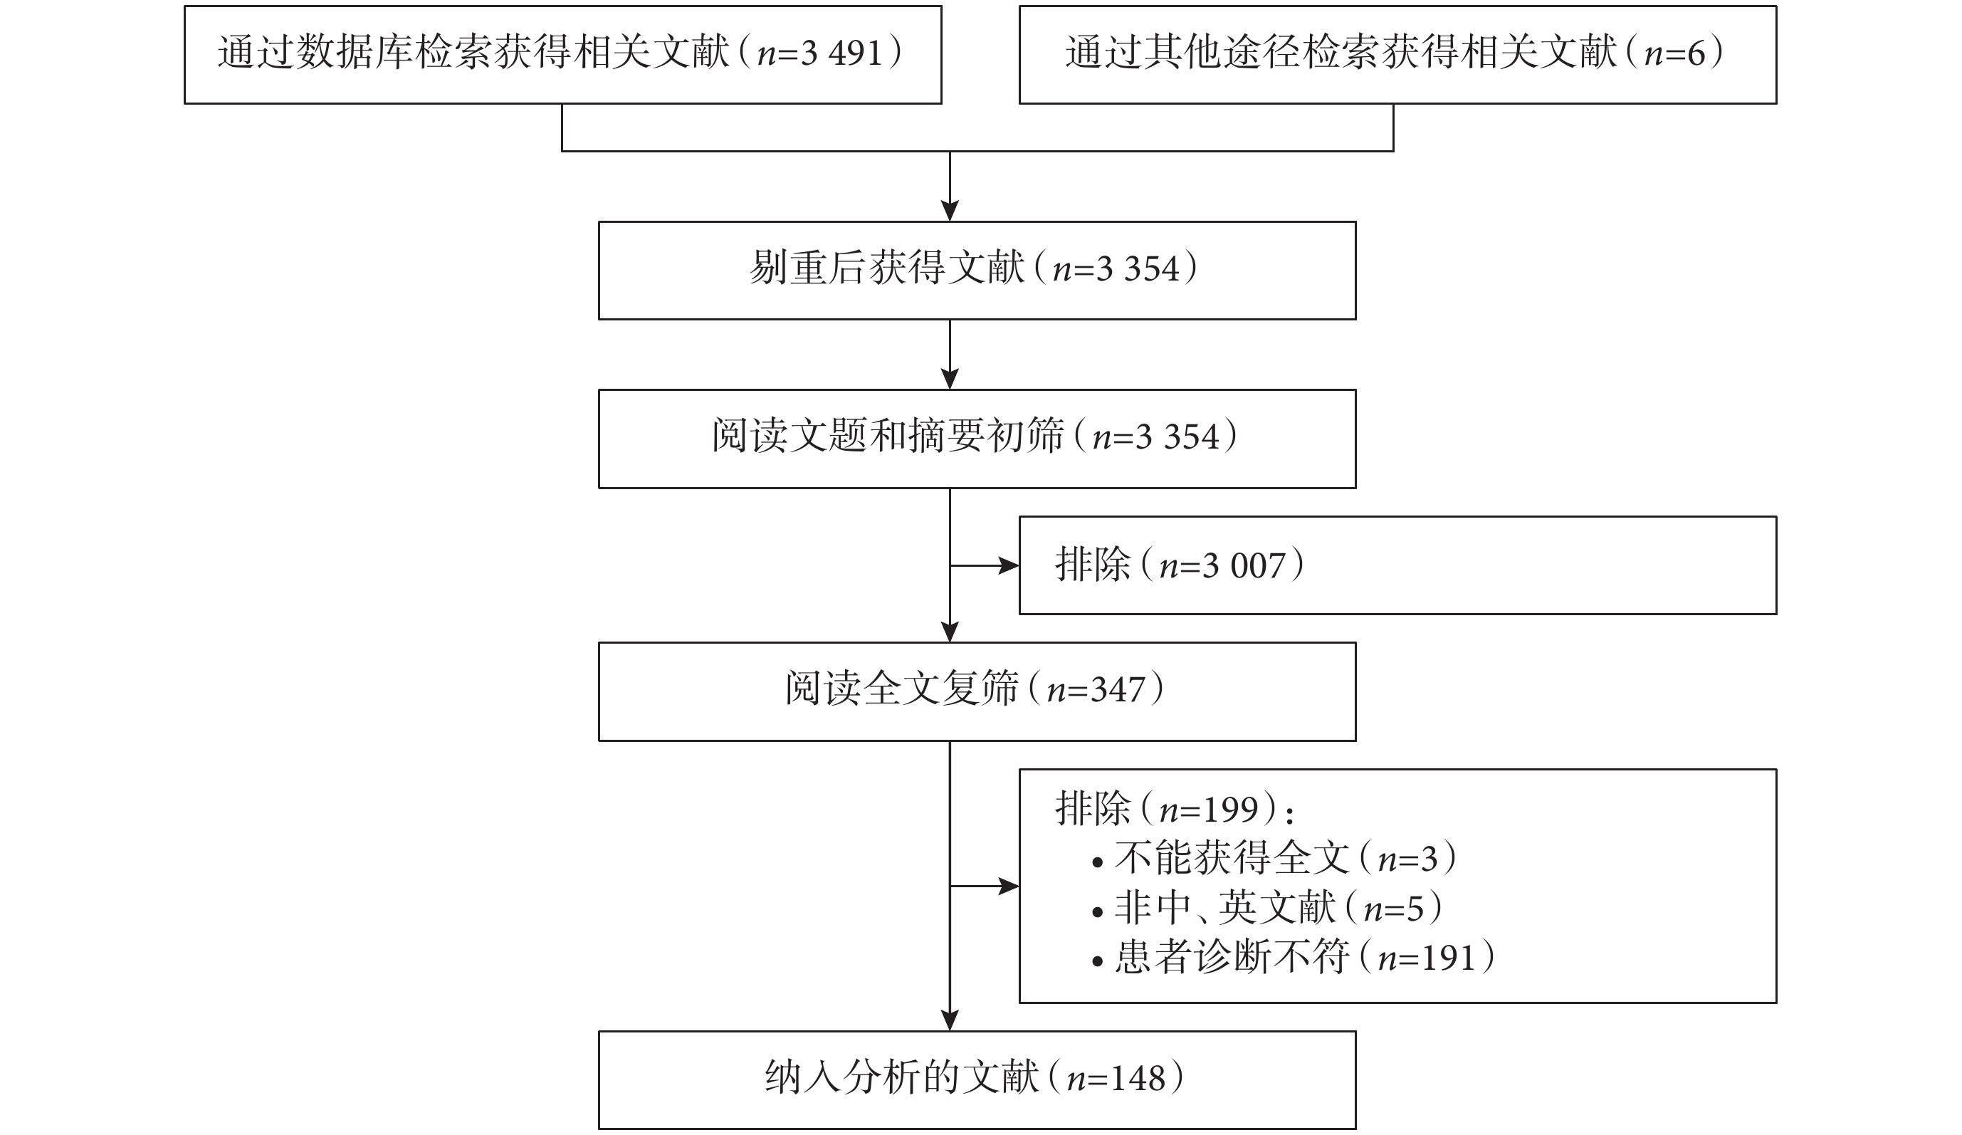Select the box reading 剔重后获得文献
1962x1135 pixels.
pyautogui.click(x=977, y=271)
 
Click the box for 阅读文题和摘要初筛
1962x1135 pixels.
pyautogui.click(x=977, y=439)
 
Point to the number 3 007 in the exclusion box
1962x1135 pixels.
pyautogui.click(x=1244, y=566)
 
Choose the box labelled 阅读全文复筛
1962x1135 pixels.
pyautogui.click(x=977, y=691)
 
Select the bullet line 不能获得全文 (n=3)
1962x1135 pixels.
pyautogui.click(x=1274, y=859)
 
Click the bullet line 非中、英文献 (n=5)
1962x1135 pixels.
pyautogui.click(x=1267, y=909)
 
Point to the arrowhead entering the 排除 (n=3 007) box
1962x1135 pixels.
pyautogui.click(x=1009, y=566)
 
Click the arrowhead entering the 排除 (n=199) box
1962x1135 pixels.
pyautogui.click(x=1009, y=886)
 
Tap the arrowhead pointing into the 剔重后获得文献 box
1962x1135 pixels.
pyautogui.click(x=950, y=211)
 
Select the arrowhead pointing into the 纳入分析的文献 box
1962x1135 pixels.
pyautogui.click(x=950, y=1020)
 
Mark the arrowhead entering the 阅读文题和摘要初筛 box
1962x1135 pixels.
pyautogui.click(x=950, y=379)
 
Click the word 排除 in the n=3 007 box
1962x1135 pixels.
pyautogui.click(x=1093, y=566)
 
